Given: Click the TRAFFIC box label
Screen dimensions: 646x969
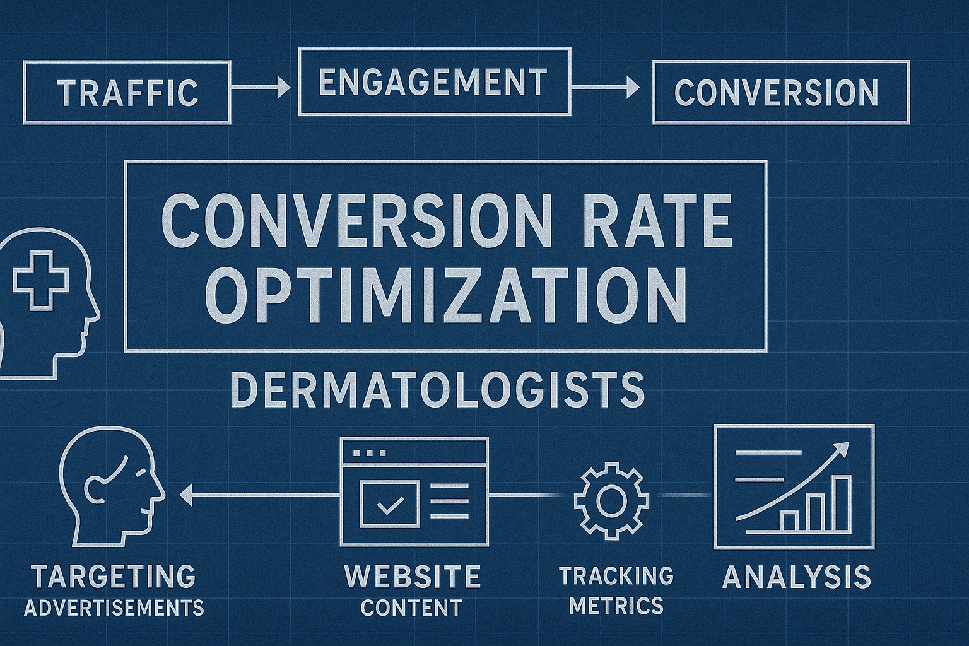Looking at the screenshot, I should tap(128, 92).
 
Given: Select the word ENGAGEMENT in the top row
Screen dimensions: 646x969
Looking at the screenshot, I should tap(433, 82).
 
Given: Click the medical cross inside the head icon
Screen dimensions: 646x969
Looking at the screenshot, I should tap(42, 280).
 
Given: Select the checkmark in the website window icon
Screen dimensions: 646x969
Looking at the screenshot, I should tap(389, 503).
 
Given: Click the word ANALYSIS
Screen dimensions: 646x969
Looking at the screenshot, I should tap(796, 577).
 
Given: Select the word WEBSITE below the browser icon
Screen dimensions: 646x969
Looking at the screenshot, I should tap(412, 576).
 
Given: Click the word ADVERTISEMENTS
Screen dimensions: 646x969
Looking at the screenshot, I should tap(114, 608).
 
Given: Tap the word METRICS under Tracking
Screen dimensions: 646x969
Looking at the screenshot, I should tap(616, 606).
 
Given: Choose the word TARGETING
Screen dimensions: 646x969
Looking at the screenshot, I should tap(114, 576).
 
